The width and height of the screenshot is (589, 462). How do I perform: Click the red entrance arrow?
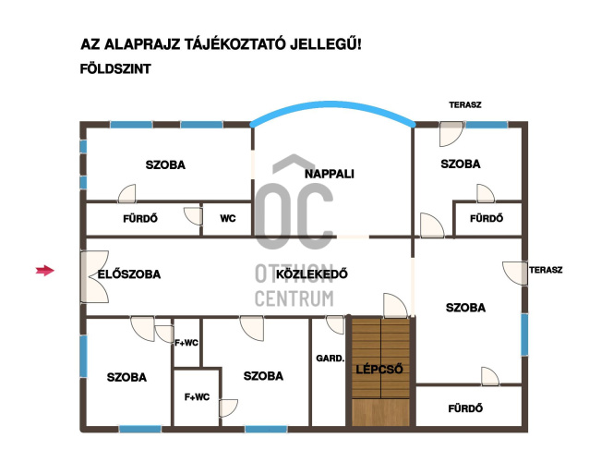pyautogui.click(x=45, y=271)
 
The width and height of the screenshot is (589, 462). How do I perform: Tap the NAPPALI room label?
pyautogui.click(x=329, y=174)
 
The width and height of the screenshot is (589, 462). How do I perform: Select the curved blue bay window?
pyautogui.click(x=333, y=107)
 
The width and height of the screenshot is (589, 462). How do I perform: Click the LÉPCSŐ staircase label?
pyautogui.click(x=379, y=370)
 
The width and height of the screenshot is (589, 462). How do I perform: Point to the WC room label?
pyautogui.click(x=228, y=218)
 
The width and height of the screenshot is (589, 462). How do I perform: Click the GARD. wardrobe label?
pyautogui.click(x=331, y=359)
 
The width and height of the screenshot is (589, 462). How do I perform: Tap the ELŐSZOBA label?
pyautogui.click(x=129, y=274)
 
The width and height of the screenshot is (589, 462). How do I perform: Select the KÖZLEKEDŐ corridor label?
pyautogui.click(x=312, y=274)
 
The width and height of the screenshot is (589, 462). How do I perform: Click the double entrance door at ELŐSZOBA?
pyautogui.click(x=95, y=276)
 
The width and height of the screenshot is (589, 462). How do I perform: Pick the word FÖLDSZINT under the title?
pyautogui.click(x=115, y=69)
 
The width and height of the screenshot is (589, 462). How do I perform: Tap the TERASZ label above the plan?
pyautogui.click(x=465, y=105)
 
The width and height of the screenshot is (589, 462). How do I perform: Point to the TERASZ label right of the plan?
pyautogui.click(x=546, y=270)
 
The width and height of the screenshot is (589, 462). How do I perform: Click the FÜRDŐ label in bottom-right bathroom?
pyautogui.click(x=465, y=408)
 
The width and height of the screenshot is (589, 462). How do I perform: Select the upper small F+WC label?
pyautogui.click(x=186, y=343)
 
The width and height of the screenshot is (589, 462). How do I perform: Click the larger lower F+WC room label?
pyautogui.click(x=197, y=397)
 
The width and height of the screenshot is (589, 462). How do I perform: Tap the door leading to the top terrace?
pyautogui.click(x=451, y=134)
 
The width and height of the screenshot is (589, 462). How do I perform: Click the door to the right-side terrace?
pyautogui.click(x=515, y=274)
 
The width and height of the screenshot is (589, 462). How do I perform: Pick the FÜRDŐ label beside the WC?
pyautogui.click(x=140, y=219)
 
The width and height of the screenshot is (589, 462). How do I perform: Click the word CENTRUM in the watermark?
pyautogui.click(x=294, y=298)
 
